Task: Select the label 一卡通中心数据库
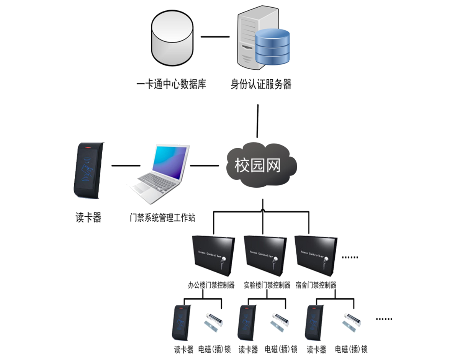172,84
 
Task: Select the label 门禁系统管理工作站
162,218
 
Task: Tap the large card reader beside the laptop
88,170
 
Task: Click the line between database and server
215,37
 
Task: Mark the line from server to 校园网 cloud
258,121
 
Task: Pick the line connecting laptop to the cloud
204,166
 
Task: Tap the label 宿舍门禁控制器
316,285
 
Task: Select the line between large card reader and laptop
126,166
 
